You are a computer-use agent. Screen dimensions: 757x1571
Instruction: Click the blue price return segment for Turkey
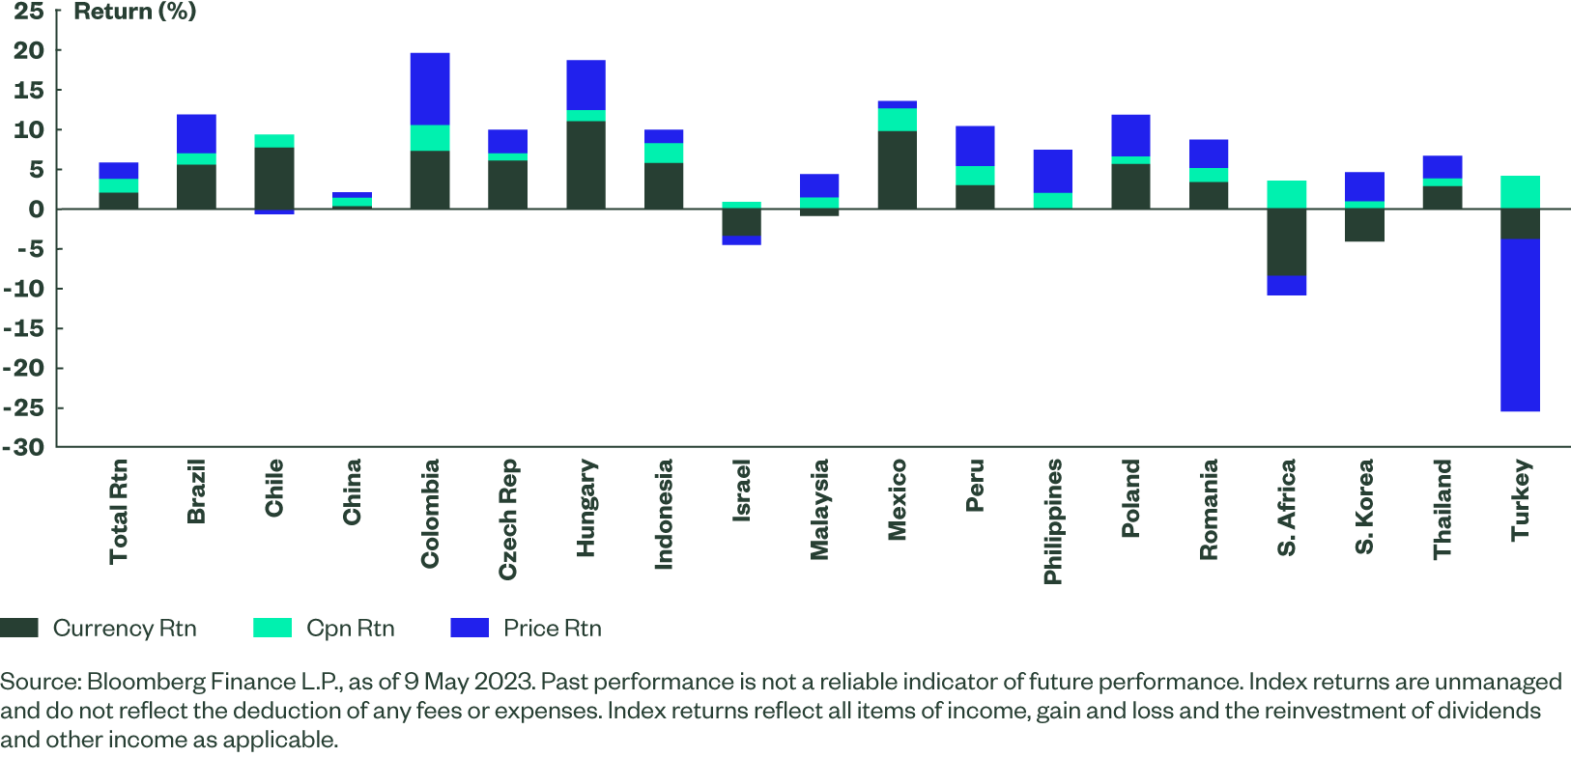pos(1520,325)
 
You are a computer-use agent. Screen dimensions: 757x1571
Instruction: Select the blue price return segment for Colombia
pos(429,89)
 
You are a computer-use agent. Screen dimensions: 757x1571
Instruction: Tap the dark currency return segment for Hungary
pos(586,164)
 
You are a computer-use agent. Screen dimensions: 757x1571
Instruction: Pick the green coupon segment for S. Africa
pos(1286,194)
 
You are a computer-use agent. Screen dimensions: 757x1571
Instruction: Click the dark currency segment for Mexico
pos(897,169)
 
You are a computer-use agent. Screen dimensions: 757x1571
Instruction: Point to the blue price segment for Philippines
pos(1052,171)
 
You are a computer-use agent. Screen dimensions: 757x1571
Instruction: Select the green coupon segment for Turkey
pos(1520,191)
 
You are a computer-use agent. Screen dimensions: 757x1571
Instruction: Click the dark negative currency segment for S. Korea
pos(1364,225)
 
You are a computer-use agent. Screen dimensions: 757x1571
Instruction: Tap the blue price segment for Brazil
pos(196,133)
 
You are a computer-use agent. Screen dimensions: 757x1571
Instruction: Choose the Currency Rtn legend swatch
pos(19,628)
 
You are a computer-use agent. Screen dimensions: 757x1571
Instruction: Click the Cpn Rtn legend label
pos(350,629)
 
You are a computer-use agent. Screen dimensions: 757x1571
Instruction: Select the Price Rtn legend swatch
pos(470,628)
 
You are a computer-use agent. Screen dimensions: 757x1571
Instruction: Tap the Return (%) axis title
pos(134,12)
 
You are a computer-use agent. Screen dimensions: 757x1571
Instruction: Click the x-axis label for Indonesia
pos(664,514)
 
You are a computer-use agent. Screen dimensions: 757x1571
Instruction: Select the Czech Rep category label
pos(508,519)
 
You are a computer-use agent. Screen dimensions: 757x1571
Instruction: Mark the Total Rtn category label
pos(119,511)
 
